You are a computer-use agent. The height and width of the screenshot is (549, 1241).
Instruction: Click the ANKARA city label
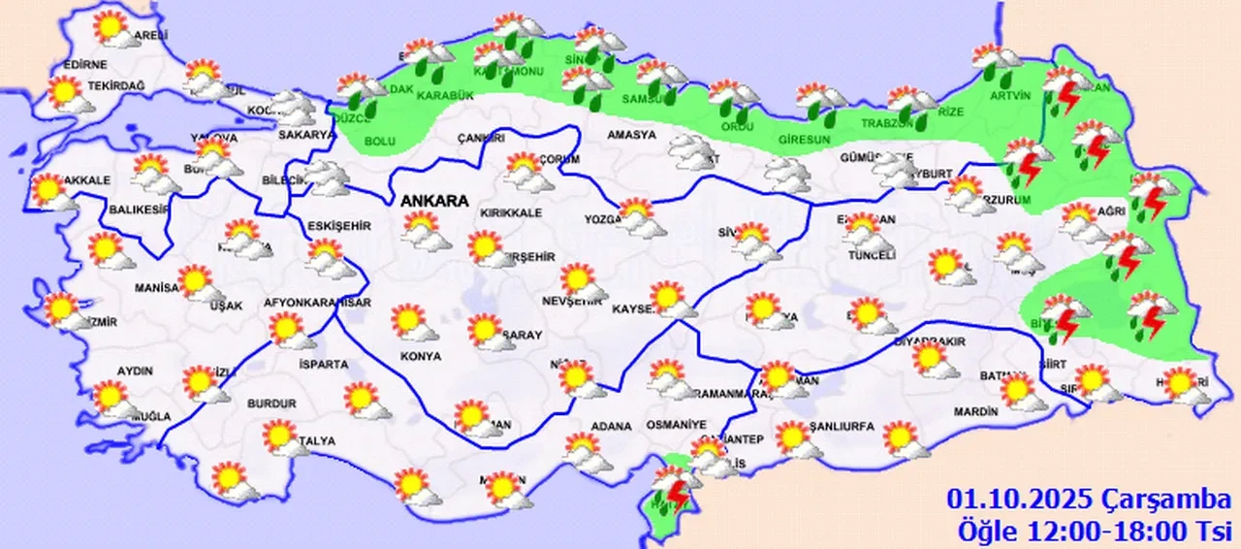(435, 202)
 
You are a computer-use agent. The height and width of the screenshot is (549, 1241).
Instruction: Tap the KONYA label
(420, 356)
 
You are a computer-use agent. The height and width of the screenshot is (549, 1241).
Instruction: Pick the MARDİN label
(975, 411)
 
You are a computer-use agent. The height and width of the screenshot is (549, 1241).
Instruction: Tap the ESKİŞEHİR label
(339, 226)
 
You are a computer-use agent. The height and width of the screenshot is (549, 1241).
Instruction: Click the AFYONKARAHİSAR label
(318, 303)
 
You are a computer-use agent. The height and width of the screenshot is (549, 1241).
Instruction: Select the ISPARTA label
(324, 365)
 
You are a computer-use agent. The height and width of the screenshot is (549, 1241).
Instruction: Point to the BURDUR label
(271, 403)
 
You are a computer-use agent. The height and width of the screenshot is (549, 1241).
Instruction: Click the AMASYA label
(631, 135)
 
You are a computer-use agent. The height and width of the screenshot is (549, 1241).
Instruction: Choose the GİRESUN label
(804, 140)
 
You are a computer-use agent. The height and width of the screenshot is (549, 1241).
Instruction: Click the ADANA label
(611, 426)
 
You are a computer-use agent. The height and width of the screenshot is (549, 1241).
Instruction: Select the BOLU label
(379, 143)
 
